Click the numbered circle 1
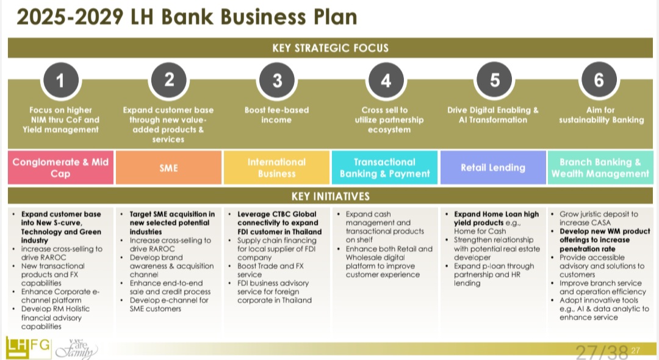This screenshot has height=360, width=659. click(x=59, y=80)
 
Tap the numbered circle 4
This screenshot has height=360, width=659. click(x=385, y=80)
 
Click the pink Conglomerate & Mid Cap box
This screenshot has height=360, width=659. click(x=60, y=168)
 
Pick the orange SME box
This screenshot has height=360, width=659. click(x=168, y=168)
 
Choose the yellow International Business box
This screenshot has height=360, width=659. click(x=276, y=168)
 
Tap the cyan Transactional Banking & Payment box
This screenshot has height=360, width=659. click(x=384, y=168)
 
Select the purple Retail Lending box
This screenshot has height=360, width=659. click(x=492, y=168)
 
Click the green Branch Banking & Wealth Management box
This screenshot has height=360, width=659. click(x=600, y=168)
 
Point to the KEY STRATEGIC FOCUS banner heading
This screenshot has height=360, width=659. click(x=330, y=48)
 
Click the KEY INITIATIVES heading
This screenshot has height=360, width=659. click(x=330, y=196)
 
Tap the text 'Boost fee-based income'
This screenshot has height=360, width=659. click(x=276, y=115)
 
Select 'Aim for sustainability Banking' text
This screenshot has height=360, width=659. click(x=601, y=115)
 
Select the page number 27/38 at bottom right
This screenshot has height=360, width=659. click(x=602, y=351)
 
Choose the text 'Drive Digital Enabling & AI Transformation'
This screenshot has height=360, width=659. click(x=493, y=115)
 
